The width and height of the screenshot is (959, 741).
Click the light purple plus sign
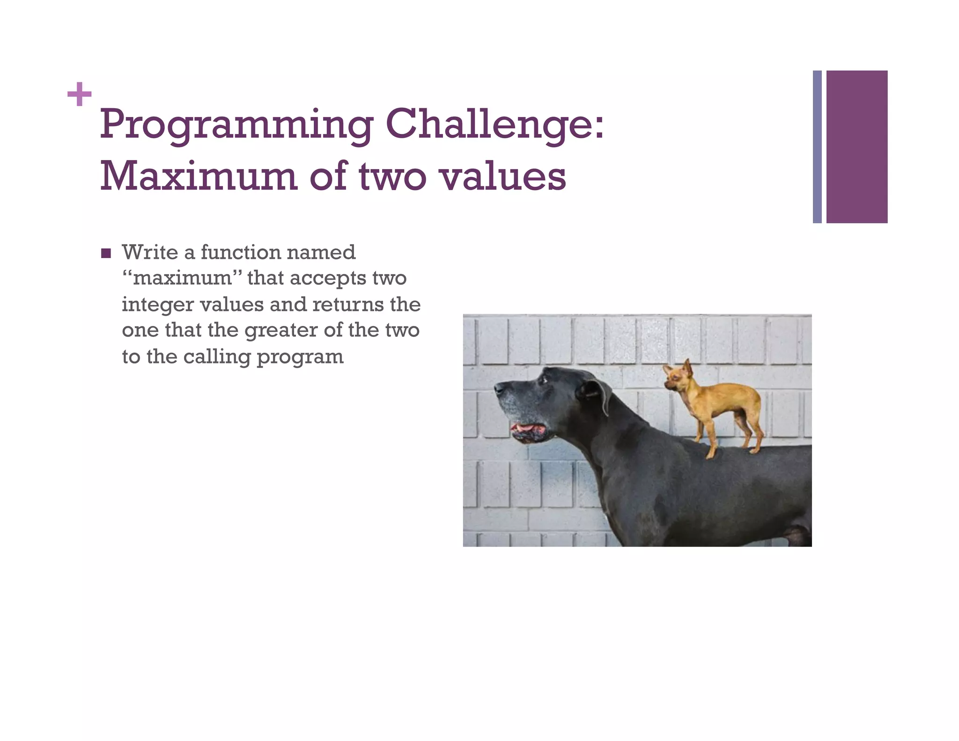(x=79, y=94)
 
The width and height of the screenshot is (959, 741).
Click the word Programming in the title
(x=236, y=125)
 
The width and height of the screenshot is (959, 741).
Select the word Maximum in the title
(x=199, y=177)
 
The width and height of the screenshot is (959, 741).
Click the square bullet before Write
(x=106, y=253)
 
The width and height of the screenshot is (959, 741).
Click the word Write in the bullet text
(x=150, y=252)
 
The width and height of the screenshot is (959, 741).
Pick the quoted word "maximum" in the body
(x=182, y=278)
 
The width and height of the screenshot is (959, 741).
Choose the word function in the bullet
(x=241, y=252)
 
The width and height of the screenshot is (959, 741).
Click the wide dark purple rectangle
(x=856, y=147)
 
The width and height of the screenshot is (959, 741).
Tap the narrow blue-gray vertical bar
(x=817, y=147)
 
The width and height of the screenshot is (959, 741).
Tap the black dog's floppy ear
(x=597, y=393)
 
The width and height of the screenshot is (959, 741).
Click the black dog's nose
(x=498, y=388)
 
